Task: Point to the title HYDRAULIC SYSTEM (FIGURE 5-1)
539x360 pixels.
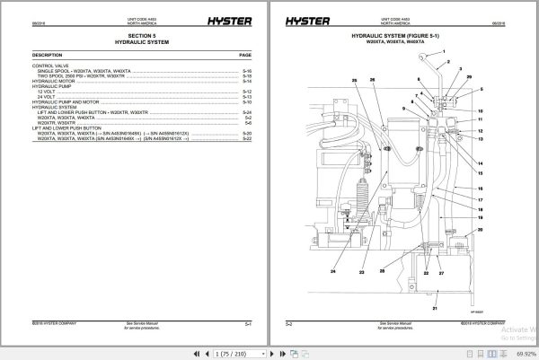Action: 402,38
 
